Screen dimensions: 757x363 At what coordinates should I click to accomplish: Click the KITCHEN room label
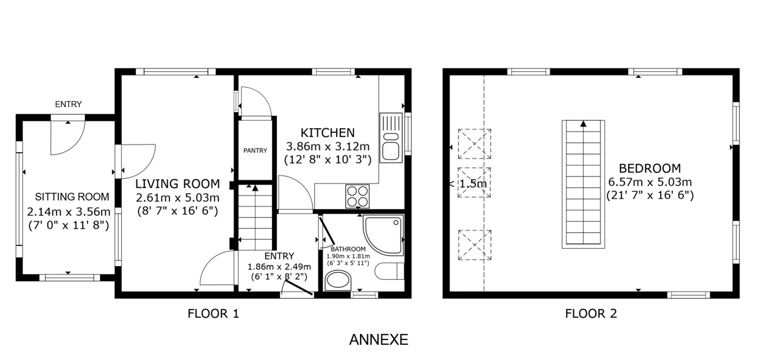(x=327, y=133)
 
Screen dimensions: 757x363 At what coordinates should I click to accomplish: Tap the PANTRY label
(x=255, y=151)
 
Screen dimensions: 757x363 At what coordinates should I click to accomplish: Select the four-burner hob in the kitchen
(x=357, y=196)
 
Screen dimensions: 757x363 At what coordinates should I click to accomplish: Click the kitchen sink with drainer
(x=391, y=138)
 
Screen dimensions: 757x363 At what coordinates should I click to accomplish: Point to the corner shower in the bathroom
(x=383, y=234)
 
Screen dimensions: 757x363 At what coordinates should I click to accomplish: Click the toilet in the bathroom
(x=389, y=271)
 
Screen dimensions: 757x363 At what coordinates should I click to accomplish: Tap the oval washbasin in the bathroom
(x=338, y=280)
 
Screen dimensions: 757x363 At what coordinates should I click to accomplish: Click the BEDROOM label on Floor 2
(x=650, y=168)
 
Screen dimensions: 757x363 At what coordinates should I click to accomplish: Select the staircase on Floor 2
(x=583, y=184)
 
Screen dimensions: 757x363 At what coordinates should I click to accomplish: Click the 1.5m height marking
(x=473, y=184)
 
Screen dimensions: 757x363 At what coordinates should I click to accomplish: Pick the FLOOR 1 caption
(x=213, y=313)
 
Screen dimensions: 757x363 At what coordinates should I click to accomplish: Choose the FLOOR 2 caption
(x=591, y=313)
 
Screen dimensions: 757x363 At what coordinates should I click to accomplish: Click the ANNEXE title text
(x=378, y=340)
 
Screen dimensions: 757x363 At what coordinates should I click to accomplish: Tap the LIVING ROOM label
(x=178, y=184)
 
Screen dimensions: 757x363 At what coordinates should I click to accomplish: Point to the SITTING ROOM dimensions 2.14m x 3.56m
(x=69, y=212)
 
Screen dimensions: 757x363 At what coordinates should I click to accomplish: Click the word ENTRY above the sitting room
(x=69, y=104)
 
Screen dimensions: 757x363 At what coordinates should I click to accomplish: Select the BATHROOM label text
(x=348, y=249)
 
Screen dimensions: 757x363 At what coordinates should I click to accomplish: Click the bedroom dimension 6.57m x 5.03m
(x=650, y=182)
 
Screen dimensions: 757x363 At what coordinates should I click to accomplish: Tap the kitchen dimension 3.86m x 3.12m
(x=328, y=146)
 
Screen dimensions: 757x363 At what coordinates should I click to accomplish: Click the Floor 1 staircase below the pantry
(x=255, y=217)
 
